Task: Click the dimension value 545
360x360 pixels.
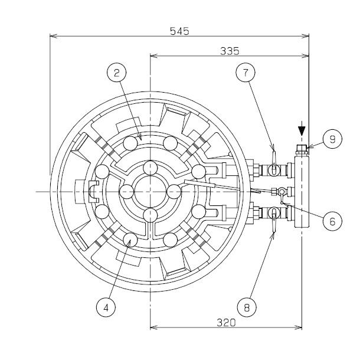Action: pyautogui.click(x=179, y=31)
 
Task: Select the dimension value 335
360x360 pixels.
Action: pyautogui.click(x=230, y=51)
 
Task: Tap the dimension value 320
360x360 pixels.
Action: pyautogui.click(x=227, y=323)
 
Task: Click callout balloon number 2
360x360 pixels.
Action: pyautogui.click(x=117, y=73)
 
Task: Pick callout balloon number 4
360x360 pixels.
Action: pyautogui.click(x=106, y=307)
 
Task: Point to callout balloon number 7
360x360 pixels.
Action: pyautogui.click(x=246, y=73)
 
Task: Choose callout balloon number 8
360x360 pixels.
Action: pyautogui.click(x=247, y=307)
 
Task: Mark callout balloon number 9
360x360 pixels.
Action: pyautogui.click(x=332, y=139)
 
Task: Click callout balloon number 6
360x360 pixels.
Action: pyautogui.click(x=332, y=221)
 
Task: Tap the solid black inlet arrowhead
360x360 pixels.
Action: pyautogui.click(x=302, y=131)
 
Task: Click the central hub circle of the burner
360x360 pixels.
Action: pyautogui.click(x=150, y=191)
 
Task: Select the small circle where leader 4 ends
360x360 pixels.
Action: pyautogui.click(x=130, y=240)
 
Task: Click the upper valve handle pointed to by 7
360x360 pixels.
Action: pyautogui.click(x=274, y=161)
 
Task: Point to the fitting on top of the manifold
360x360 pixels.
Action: pyautogui.click(x=302, y=150)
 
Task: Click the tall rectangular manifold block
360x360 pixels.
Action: pyautogui.click(x=302, y=191)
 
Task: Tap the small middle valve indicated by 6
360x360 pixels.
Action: pyautogui.click(x=282, y=192)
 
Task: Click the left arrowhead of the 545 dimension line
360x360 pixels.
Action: pyautogui.click(x=54, y=36)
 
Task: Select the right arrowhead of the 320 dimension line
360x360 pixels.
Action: pyautogui.click(x=298, y=327)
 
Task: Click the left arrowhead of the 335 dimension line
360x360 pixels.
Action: pyautogui.click(x=154, y=56)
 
